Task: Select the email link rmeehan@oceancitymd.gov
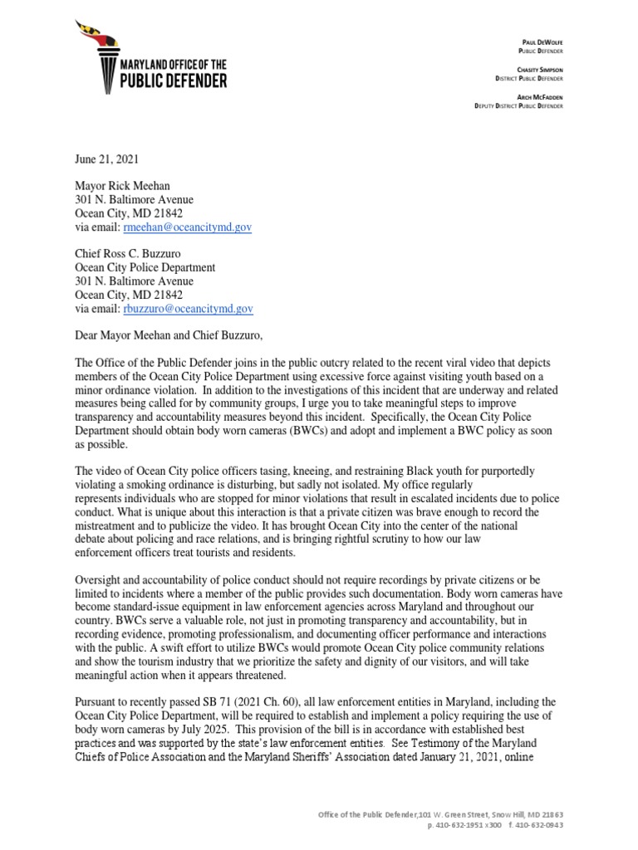(x=188, y=227)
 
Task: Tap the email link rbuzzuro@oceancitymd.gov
(x=188, y=309)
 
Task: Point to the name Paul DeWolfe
(x=543, y=42)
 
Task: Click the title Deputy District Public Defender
(x=518, y=106)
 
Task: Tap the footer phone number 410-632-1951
(x=463, y=826)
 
